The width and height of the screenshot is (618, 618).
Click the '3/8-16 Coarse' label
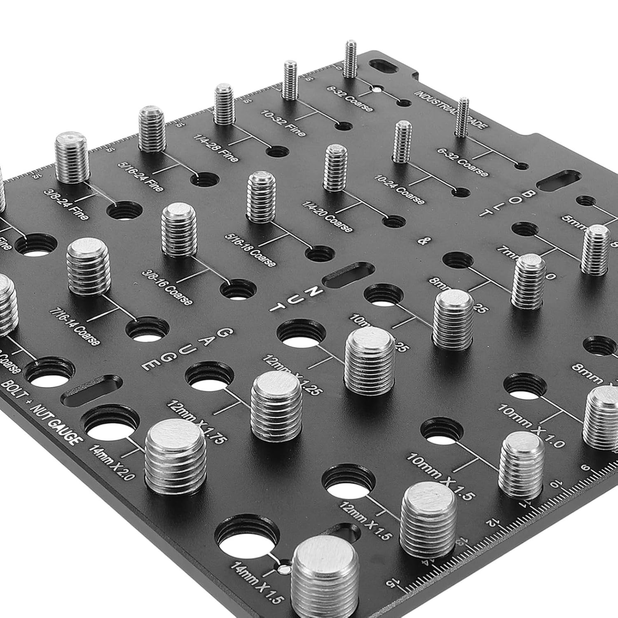point(167,288)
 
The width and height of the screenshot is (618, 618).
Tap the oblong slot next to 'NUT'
point(349,275)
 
